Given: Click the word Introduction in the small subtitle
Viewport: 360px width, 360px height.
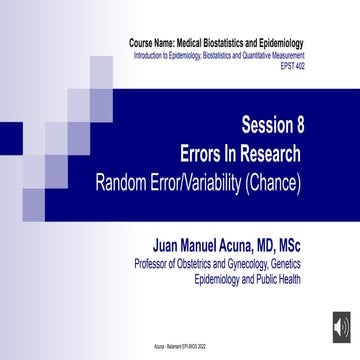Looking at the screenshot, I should click(x=151, y=56).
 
